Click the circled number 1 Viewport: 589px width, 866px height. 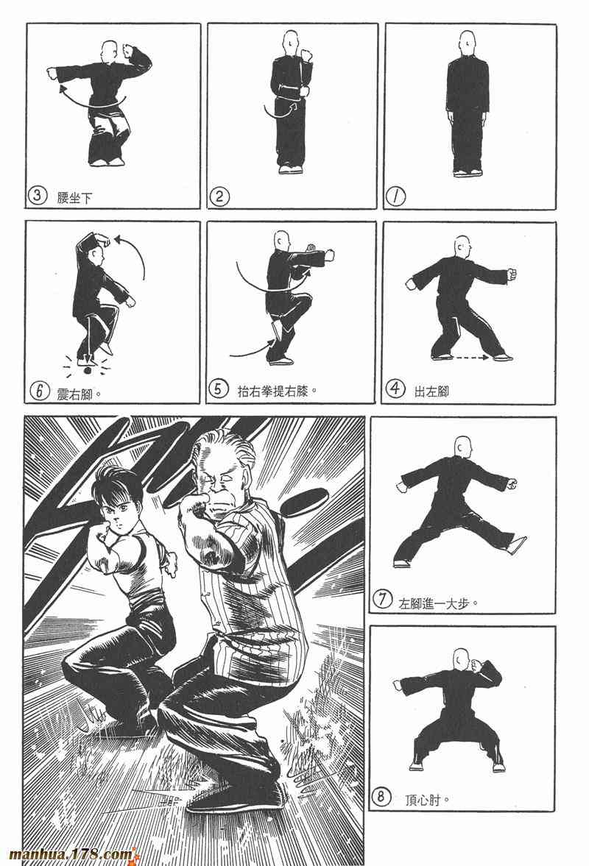point(395,196)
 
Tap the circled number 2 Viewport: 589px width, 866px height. point(219,196)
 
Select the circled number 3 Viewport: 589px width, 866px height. point(37,196)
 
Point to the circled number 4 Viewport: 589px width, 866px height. point(395,389)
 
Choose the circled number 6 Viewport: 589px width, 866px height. point(39,391)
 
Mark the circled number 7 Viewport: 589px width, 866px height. point(382,600)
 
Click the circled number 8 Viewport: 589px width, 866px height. point(381,798)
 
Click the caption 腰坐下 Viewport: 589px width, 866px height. point(74,198)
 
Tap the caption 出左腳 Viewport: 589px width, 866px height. point(431,391)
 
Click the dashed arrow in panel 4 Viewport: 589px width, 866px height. point(470,358)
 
